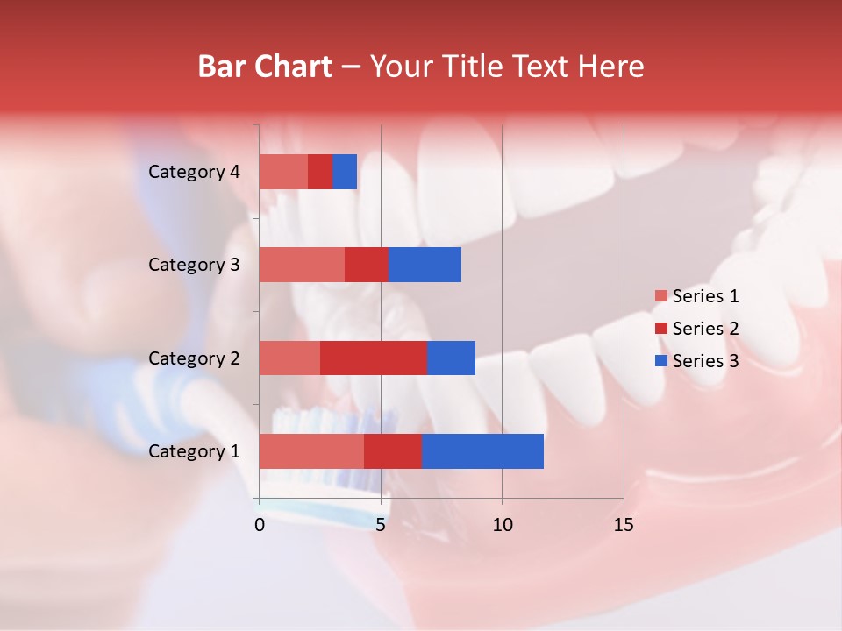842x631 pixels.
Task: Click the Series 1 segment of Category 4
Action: point(283,172)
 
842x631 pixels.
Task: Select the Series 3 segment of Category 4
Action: point(345,172)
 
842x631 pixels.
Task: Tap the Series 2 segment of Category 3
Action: point(367,265)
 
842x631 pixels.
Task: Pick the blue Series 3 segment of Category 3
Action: point(425,265)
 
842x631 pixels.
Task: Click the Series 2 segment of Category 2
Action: point(374,358)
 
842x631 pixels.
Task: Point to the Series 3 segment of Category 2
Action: point(451,358)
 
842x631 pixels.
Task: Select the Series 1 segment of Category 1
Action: point(311,451)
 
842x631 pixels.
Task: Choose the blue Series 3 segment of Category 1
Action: point(482,451)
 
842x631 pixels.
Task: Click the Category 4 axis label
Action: point(194,172)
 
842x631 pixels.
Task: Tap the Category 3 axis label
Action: point(194,265)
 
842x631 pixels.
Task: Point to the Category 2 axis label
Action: point(194,358)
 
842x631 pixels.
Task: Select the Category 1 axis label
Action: point(194,451)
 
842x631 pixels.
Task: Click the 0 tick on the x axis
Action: point(260,525)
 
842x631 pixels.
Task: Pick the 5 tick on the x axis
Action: point(381,525)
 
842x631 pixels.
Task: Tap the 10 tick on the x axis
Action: point(502,525)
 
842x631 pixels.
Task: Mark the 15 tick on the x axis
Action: point(623,525)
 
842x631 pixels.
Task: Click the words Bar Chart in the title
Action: point(265,67)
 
